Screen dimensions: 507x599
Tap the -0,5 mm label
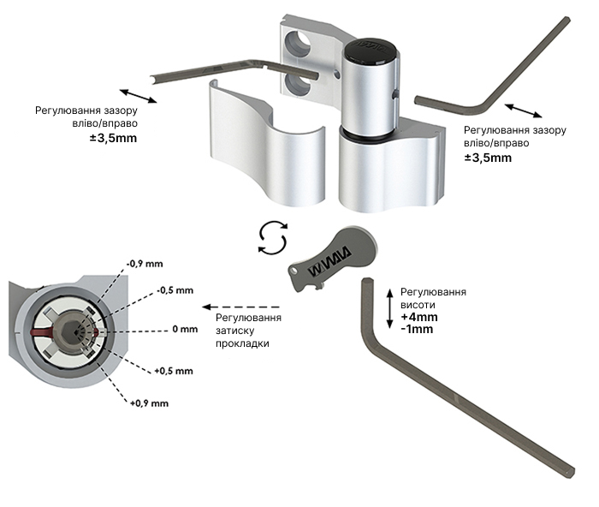click(175, 290)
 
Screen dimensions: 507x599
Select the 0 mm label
click(184, 328)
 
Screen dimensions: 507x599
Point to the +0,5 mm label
click(174, 371)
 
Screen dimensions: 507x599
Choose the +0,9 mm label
click(149, 402)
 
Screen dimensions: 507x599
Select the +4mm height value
click(418, 317)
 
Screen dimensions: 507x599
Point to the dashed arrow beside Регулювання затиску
click(241, 306)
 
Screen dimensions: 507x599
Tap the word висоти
click(417, 305)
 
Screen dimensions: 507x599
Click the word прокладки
click(242, 343)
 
